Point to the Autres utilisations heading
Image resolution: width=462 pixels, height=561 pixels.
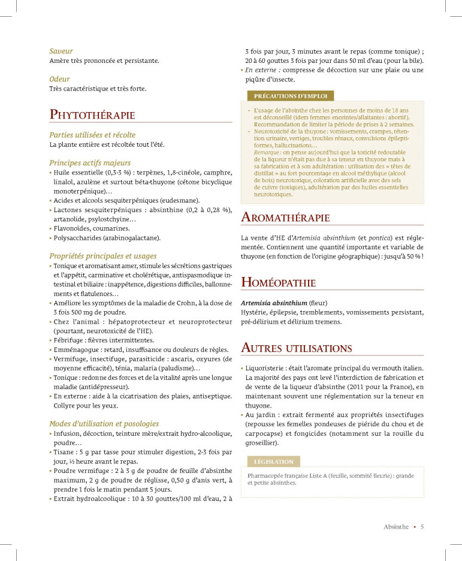[296, 348]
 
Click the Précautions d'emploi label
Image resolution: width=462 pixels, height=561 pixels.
[290, 96]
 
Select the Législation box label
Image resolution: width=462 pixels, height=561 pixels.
[273, 462]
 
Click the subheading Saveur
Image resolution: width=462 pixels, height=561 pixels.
[61, 51]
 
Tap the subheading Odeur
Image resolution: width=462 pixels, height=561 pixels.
[59, 79]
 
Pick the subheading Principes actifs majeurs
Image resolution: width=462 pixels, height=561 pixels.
[90, 162]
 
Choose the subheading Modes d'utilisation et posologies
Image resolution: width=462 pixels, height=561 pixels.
[104, 423]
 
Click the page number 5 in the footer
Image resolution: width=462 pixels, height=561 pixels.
[422, 527]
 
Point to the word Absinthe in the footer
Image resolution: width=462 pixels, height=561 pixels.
[396, 527]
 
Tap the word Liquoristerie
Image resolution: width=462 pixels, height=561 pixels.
[266, 367]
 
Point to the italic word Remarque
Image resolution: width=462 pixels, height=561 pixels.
[268, 153]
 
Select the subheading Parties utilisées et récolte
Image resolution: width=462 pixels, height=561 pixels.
[92, 135]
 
